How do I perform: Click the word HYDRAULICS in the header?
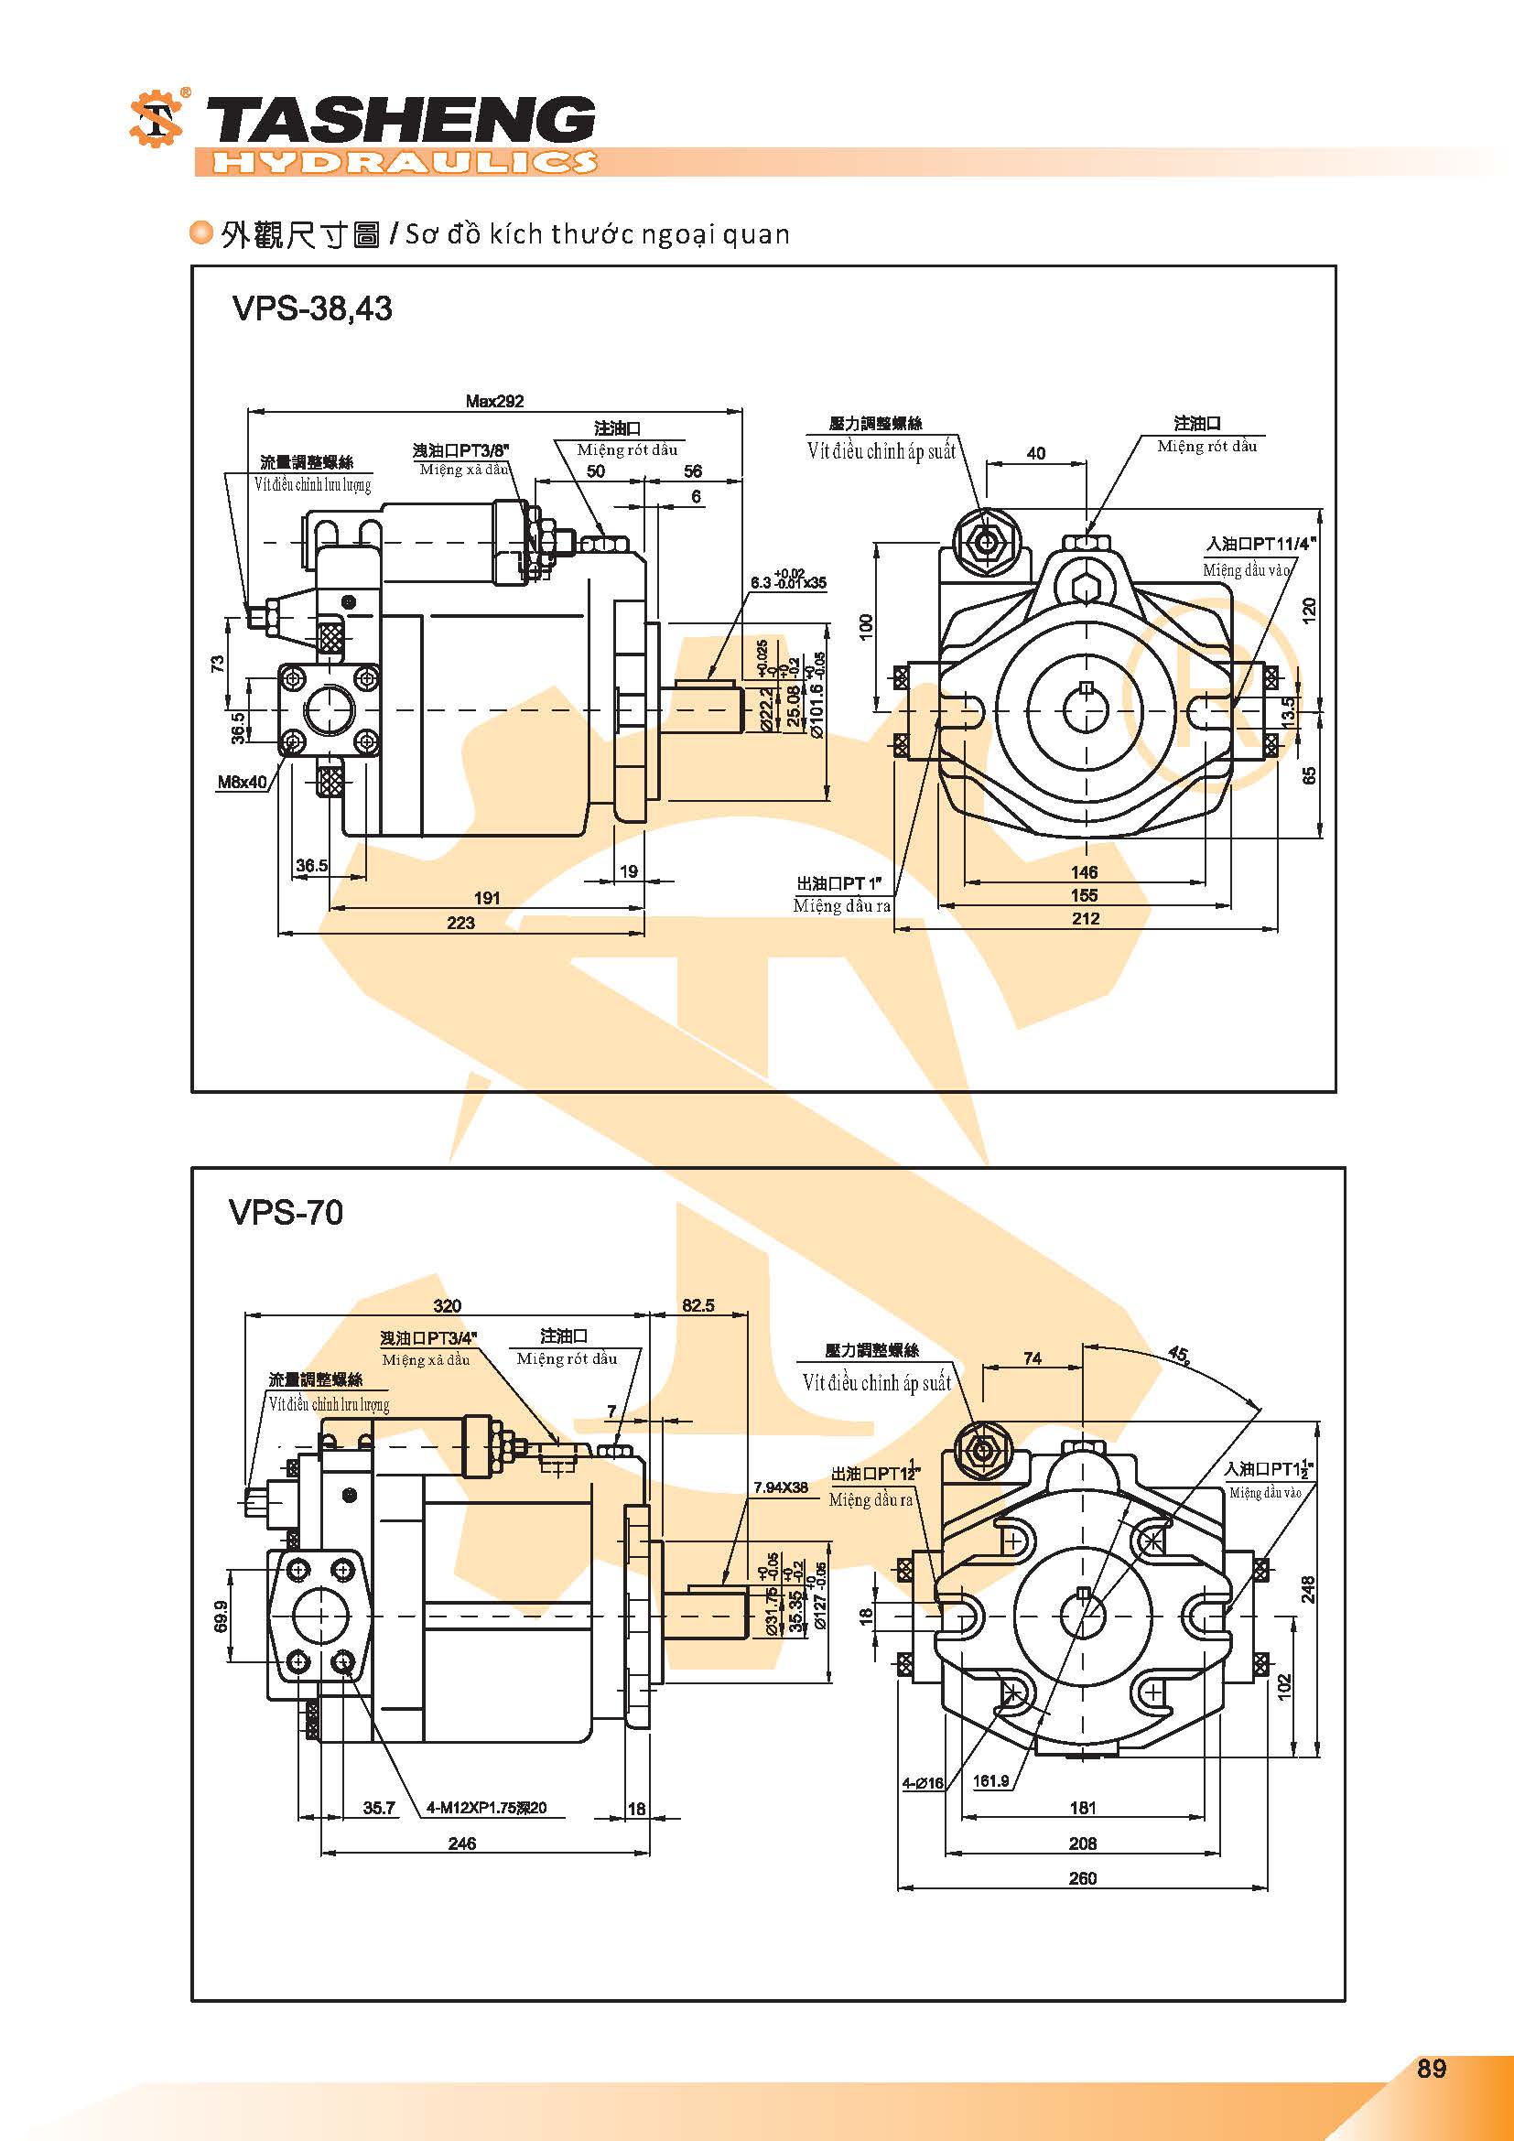pyautogui.click(x=403, y=162)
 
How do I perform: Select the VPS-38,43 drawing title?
pyautogui.click(x=311, y=308)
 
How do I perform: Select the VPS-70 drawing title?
pyautogui.click(x=286, y=1212)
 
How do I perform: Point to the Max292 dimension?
pyautogui.click(x=494, y=401)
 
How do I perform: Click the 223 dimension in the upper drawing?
pyautogui.click(x=460, y=923)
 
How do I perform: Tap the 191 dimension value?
pyautogui.click(x=487, y=898)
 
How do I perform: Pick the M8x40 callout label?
pyautogui.click(x=243, y=783)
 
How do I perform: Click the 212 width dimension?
pyautogui.click(x=1086, y=918)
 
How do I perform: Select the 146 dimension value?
pyautogui.click(x=1083, y=872)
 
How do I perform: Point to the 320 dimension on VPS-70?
pyautogui.click(x=447, y=1306)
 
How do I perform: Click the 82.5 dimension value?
pyautogui.click(x=698, y=1305)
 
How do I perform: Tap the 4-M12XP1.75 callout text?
pyautogui.click(x=486, y=1807)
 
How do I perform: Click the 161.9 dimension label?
pyautogui.click(x=991, y=1780)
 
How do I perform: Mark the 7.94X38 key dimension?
pyautogui.click(x=780, y=1487)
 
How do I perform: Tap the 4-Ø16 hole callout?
pyautogui.click(x=922, y=1783)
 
